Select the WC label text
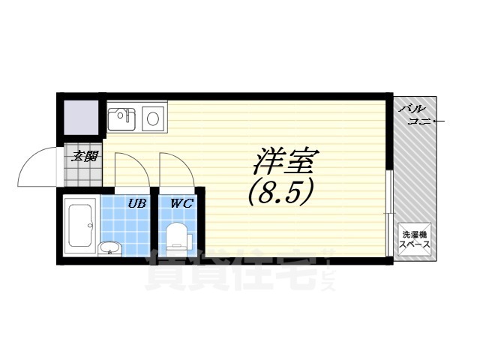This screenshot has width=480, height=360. click(180, 203)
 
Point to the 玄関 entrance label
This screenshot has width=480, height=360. click(83, 157)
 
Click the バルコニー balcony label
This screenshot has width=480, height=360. click(421, 115)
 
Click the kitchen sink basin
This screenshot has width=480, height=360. click(121, 118)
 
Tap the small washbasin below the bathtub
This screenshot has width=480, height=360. click(109, 248)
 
